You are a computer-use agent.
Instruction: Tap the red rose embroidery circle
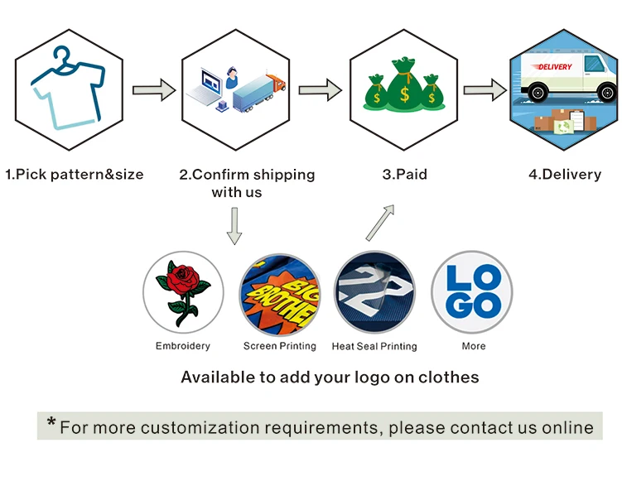183,291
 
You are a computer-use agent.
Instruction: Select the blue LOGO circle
472,291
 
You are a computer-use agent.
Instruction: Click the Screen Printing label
279,346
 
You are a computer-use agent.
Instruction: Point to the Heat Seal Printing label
374,346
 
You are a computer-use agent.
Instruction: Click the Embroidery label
183,346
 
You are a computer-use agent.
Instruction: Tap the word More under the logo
474,346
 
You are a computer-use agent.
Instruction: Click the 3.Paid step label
404,175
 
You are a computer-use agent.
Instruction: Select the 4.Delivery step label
565,175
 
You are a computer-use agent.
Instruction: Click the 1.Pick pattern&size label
75,175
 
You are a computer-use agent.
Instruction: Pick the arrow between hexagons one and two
154,89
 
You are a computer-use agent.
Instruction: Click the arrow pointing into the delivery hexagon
485,89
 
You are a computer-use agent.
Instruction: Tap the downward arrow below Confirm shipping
234,226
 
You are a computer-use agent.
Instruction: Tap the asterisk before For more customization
51,426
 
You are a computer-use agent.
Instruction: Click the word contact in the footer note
474,428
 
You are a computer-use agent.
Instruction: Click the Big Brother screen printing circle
279,291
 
